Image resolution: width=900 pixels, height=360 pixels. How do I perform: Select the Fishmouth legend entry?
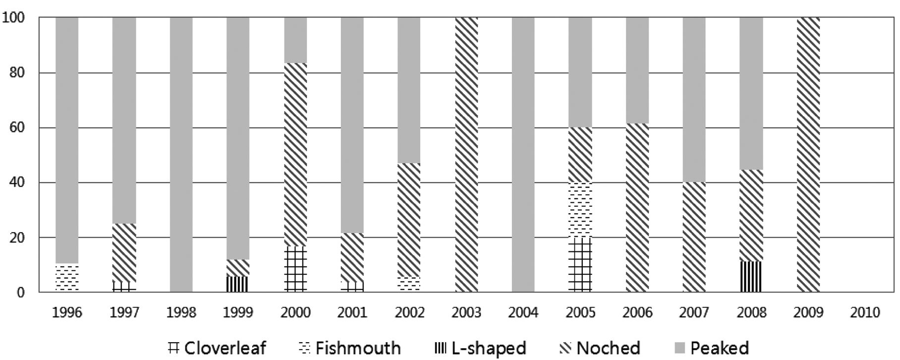pos(350,348)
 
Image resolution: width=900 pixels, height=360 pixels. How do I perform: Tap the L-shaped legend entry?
pos(480,348)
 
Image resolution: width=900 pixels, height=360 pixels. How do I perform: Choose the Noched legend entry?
pos(600,348)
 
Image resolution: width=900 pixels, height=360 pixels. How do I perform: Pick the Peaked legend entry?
pos(712,348)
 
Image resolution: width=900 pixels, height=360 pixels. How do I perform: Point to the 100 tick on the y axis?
pos(14,18)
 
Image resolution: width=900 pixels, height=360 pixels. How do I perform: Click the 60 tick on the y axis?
pos(17,128)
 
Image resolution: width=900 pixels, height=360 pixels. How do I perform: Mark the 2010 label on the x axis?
pos(865,312)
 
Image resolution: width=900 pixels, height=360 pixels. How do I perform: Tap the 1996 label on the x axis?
pos(67,312)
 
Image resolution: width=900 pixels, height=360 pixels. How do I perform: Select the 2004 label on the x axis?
pos(523,312)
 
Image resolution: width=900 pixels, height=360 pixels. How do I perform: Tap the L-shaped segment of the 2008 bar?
pos(751,277)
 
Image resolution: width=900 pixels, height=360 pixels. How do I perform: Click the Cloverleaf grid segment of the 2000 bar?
pos(295,269)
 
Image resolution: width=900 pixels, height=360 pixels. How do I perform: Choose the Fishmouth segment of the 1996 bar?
pos(67,278)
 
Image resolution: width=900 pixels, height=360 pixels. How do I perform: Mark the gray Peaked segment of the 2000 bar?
pos(295,40)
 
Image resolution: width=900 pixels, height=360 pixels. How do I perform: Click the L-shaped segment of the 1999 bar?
pos(238,284)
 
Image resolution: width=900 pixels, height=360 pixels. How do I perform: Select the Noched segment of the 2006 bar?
pos(637,208)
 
